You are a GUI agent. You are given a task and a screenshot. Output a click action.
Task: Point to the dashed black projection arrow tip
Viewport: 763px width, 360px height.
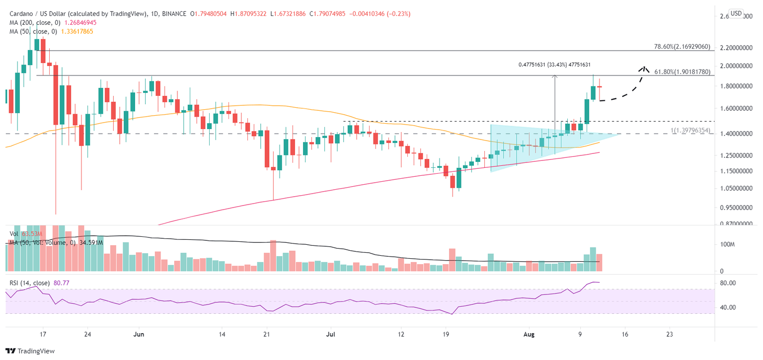click(644, 68)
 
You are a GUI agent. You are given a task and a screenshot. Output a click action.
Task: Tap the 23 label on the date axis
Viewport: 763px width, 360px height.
click(669, 334)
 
